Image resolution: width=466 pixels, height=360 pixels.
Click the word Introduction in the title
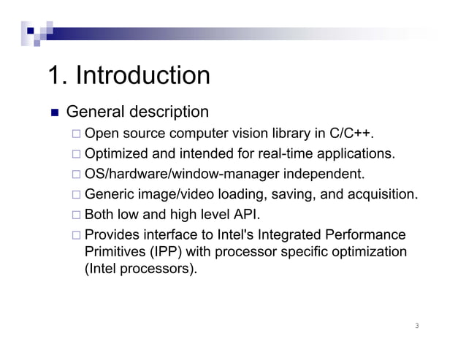[143, 75]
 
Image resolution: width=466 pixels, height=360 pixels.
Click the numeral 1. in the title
[58, 75]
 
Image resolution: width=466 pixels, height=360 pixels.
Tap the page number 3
[416, 326]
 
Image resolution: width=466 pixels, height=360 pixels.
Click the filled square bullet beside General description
[53, 113]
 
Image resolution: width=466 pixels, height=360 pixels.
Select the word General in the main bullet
[95, 112]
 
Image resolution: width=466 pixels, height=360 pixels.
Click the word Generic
[110, 195]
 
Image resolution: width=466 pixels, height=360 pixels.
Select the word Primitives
[118, 252]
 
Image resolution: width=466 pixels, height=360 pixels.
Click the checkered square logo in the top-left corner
[36, 31]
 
